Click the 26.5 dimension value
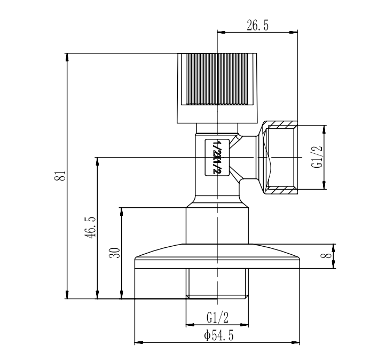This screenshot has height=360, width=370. (258, 25)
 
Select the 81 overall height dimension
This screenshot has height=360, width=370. (60, 175)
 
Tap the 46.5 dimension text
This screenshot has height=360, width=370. (90, 228)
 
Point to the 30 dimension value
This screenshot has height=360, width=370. (115, 253)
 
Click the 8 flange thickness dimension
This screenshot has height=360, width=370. (327, 256)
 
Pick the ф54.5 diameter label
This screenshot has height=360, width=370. (219, 335)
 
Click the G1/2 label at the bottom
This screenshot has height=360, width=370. (217, 317)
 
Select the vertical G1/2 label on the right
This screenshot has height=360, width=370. (317, 156)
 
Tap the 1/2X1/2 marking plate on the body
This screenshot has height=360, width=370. (217, 157)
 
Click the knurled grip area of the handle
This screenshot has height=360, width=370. (217, 79)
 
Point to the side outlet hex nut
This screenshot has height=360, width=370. (277, 157)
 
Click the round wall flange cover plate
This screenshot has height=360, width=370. (217, 256)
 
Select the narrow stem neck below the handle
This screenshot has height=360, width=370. (217, 128)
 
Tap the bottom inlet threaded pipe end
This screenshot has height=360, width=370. (217, 284)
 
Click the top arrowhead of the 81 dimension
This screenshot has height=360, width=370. (67, 57)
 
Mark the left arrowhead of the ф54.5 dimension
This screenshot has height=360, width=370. (138, 342)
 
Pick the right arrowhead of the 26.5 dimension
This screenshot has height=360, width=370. (294, 32)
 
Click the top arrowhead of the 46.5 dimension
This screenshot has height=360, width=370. (97, 161)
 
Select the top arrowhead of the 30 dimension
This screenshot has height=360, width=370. (122, 212)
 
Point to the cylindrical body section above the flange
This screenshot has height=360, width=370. (217, 225)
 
